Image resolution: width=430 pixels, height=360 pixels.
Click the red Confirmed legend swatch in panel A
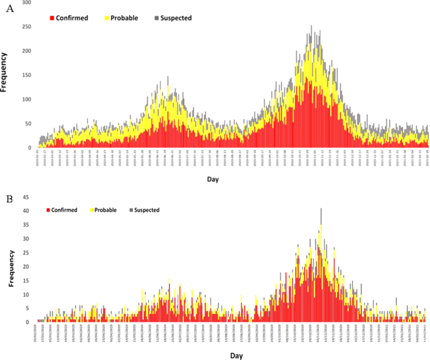pyautogui.click(x=52, y=18)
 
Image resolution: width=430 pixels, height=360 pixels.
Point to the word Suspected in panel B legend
pyautogui.click(x=147, y=210)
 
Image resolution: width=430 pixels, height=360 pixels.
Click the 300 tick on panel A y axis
pyautogui.click(x=26, y=3)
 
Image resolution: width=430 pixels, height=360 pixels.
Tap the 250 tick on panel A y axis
pyautogui.click(x=26, y=27)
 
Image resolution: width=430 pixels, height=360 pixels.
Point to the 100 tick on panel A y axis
pyautogui.click(x=26, y=99)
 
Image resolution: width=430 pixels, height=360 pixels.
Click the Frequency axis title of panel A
pyautogui.click(x=6, y=74)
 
